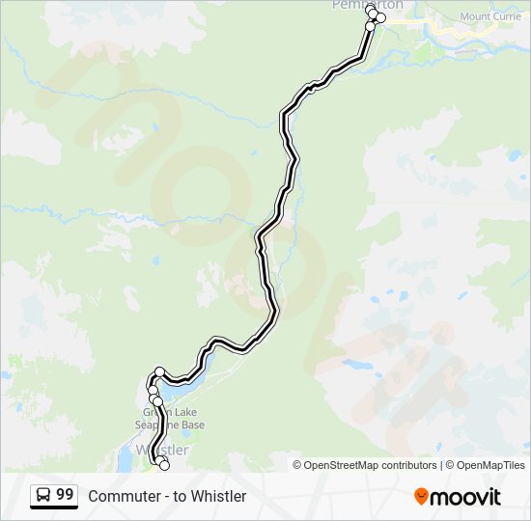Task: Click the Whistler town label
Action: pyautogui.click(x=163, y=451)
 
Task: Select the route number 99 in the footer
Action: pyautogui.click(x=65, y=495)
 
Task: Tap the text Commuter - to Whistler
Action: pyautogui.click(x=167, y=496)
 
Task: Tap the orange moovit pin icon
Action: pyautogui.click(x=422, y=496)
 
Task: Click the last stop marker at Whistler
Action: pyautogui.click(x=163, y=465)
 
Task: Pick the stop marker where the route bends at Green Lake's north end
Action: pyautogui.click(x=160, y=371)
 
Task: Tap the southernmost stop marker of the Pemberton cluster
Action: pyautogui.click(x=370, y=26)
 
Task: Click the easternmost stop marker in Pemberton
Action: pyautogui.click(x=380, y=17)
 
